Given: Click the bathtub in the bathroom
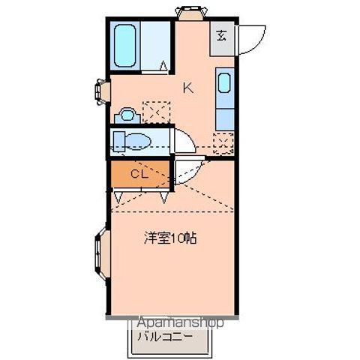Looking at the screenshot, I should pyautogui.click(x=125, y=46).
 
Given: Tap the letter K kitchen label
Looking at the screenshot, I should pyautogui.click(x=187, y=88).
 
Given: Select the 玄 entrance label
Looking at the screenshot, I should pyautogui.click(x=222, y=34).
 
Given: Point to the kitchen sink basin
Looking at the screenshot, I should pyautogui.click(x=224, y=82).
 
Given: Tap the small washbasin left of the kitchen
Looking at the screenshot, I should pyautogui.click(x=127, y=115).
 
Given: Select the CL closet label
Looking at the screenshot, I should pyautogui.click(x=139, y=174).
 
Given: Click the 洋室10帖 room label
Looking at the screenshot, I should pyautogui.click(x=170, y=239).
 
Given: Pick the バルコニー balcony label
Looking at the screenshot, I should pyautogui.click(x=163, y=336).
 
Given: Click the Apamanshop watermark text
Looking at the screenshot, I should pyautogui.click(x=180, y=322).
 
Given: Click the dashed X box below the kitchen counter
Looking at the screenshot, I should pyautogui.click(x=223, y=141).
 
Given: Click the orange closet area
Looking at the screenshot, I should pyautogui.click(x=139, y=174).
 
